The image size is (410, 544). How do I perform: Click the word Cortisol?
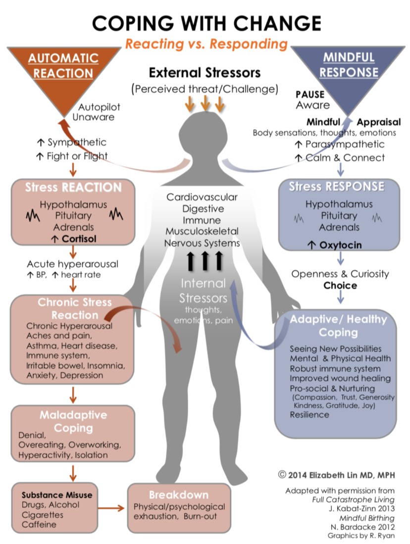79,239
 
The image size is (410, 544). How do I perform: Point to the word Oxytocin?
340,245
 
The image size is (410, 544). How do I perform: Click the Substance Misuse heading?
57,495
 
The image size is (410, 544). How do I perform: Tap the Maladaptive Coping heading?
73,421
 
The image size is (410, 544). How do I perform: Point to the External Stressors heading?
205,73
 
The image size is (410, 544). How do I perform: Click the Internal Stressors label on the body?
203,292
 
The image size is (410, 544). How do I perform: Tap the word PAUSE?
310,94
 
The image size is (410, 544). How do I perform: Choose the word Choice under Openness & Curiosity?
340,286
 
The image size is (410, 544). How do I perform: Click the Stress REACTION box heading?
73,188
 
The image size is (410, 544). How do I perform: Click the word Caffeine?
39,524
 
